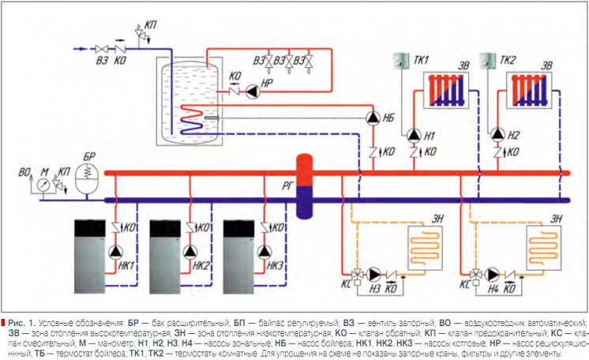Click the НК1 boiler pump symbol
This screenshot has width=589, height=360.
click(x=115, y=253)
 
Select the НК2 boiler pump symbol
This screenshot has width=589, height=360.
click(x=189, y=253)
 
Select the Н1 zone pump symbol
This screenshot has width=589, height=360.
click(x=413, y=134)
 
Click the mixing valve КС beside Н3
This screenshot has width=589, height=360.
click(x=357, y=276)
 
